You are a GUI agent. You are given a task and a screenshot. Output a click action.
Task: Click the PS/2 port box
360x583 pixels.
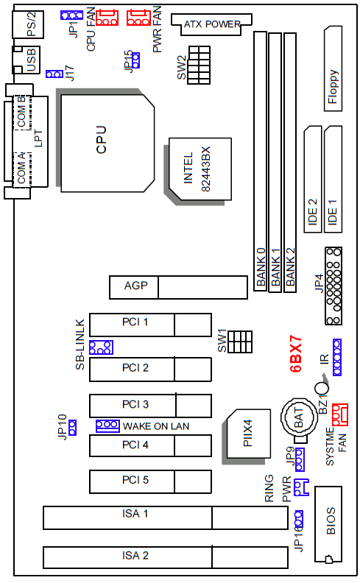pos(28,24)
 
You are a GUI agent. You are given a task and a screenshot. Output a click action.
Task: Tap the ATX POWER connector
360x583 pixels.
pos(211,24)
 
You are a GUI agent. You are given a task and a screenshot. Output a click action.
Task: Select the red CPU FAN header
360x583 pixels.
pos(107,18)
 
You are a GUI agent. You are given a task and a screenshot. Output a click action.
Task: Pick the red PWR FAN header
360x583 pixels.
pos(138,18)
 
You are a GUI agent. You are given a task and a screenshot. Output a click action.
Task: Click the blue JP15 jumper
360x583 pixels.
pos(135,60)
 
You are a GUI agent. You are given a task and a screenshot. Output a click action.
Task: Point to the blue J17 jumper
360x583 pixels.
pos(54,74)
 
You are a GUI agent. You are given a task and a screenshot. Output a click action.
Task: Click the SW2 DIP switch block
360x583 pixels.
pos(199,65)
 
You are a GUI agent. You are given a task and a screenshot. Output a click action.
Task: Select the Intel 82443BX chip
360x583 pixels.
pos(200,169)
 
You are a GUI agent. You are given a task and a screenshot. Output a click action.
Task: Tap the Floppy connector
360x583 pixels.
pos(333,68)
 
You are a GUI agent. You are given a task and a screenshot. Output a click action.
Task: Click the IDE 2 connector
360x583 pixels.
pos(313,180)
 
